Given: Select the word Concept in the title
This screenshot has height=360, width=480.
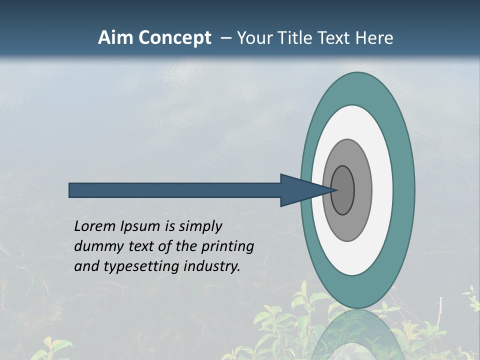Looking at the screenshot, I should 174,38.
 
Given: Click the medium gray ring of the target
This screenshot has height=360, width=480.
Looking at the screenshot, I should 362,190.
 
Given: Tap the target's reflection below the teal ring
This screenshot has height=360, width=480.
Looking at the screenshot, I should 357,332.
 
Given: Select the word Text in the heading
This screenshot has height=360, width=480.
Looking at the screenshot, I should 336,38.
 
